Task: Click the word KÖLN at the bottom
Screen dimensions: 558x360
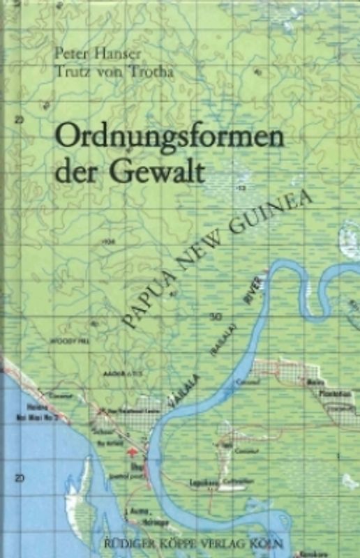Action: (323, 539)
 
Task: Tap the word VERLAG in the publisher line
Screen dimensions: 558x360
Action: (276, 539)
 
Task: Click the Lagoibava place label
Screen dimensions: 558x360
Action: (202, 481)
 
